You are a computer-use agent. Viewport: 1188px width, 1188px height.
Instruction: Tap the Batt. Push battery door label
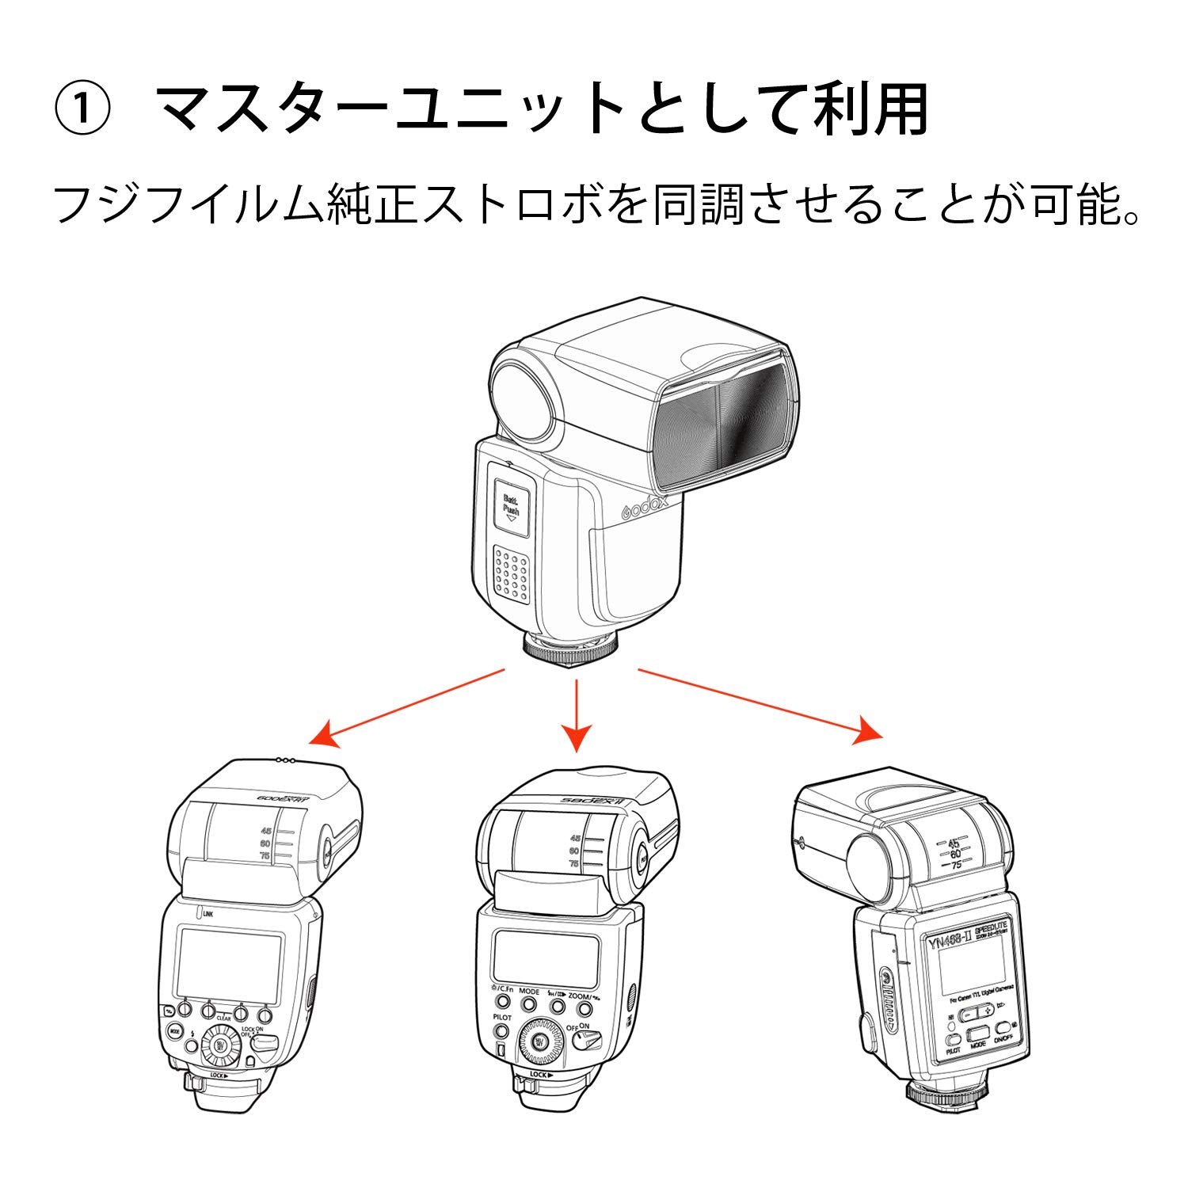[512, 506]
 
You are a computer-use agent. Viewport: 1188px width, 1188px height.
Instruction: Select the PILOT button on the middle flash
[501, 1030]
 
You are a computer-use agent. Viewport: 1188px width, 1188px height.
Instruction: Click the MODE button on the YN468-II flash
[978, 1033]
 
